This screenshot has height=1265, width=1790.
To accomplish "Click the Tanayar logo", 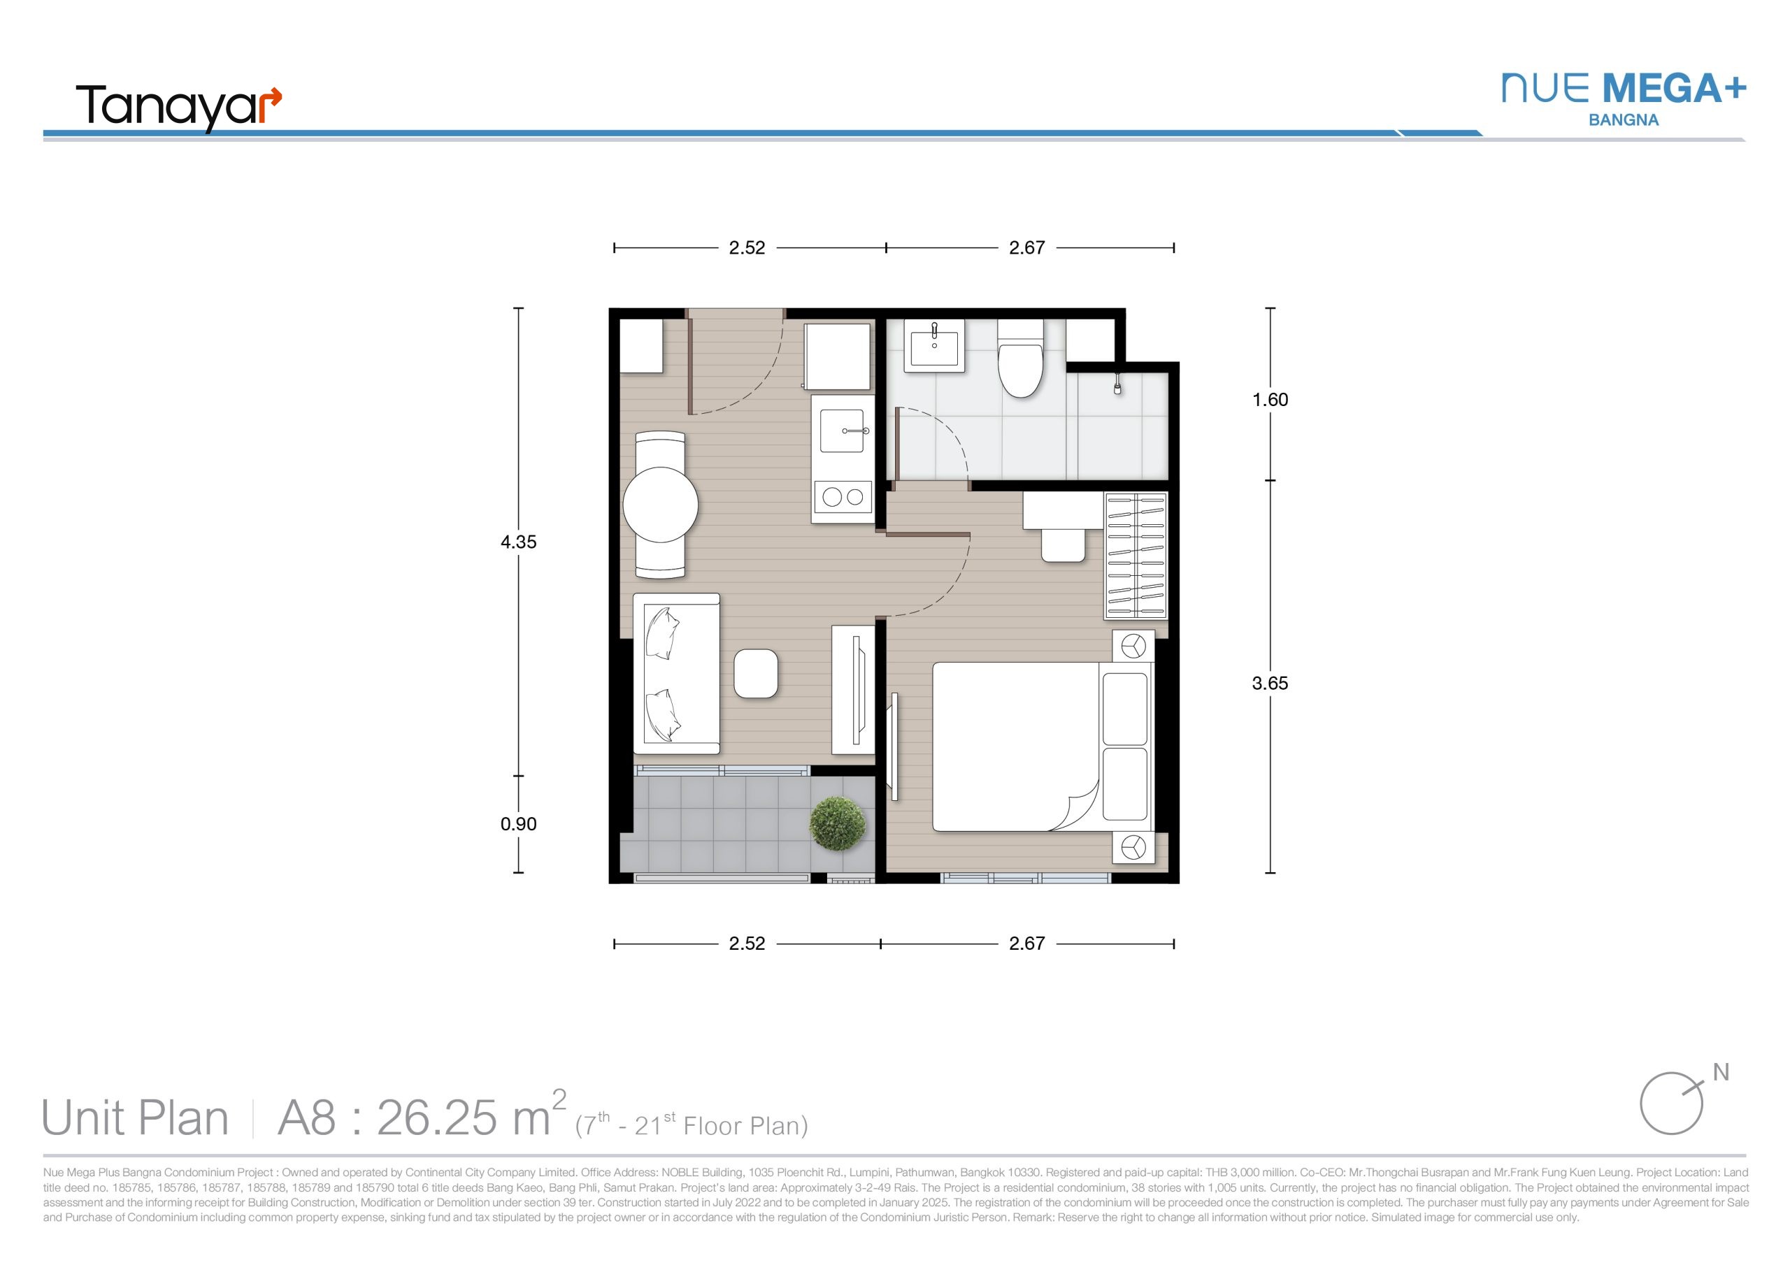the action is tap(178, 108).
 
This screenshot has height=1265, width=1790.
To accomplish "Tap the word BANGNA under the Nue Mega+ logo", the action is tap(1624, 120).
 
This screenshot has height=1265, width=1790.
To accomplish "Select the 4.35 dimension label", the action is tap(518, 542).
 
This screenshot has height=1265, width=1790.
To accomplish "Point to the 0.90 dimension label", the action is tap(518, 824).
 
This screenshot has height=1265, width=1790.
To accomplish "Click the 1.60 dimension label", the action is tap(1270, 400).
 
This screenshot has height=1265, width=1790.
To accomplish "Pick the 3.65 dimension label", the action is tap(1270, 684).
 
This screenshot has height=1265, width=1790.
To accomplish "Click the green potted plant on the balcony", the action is tap(837, 823).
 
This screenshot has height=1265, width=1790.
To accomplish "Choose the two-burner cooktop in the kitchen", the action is tap(843, 496).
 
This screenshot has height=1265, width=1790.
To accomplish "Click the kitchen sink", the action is tap(842, 431).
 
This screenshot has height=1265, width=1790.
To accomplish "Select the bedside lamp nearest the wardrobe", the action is tap(1133, 646).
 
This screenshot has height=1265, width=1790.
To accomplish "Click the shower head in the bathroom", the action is tap(1118, 385).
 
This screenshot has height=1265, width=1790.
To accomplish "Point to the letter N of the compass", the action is tap(1721, 1073).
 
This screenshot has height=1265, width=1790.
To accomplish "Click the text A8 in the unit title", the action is tap(307, 1118).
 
